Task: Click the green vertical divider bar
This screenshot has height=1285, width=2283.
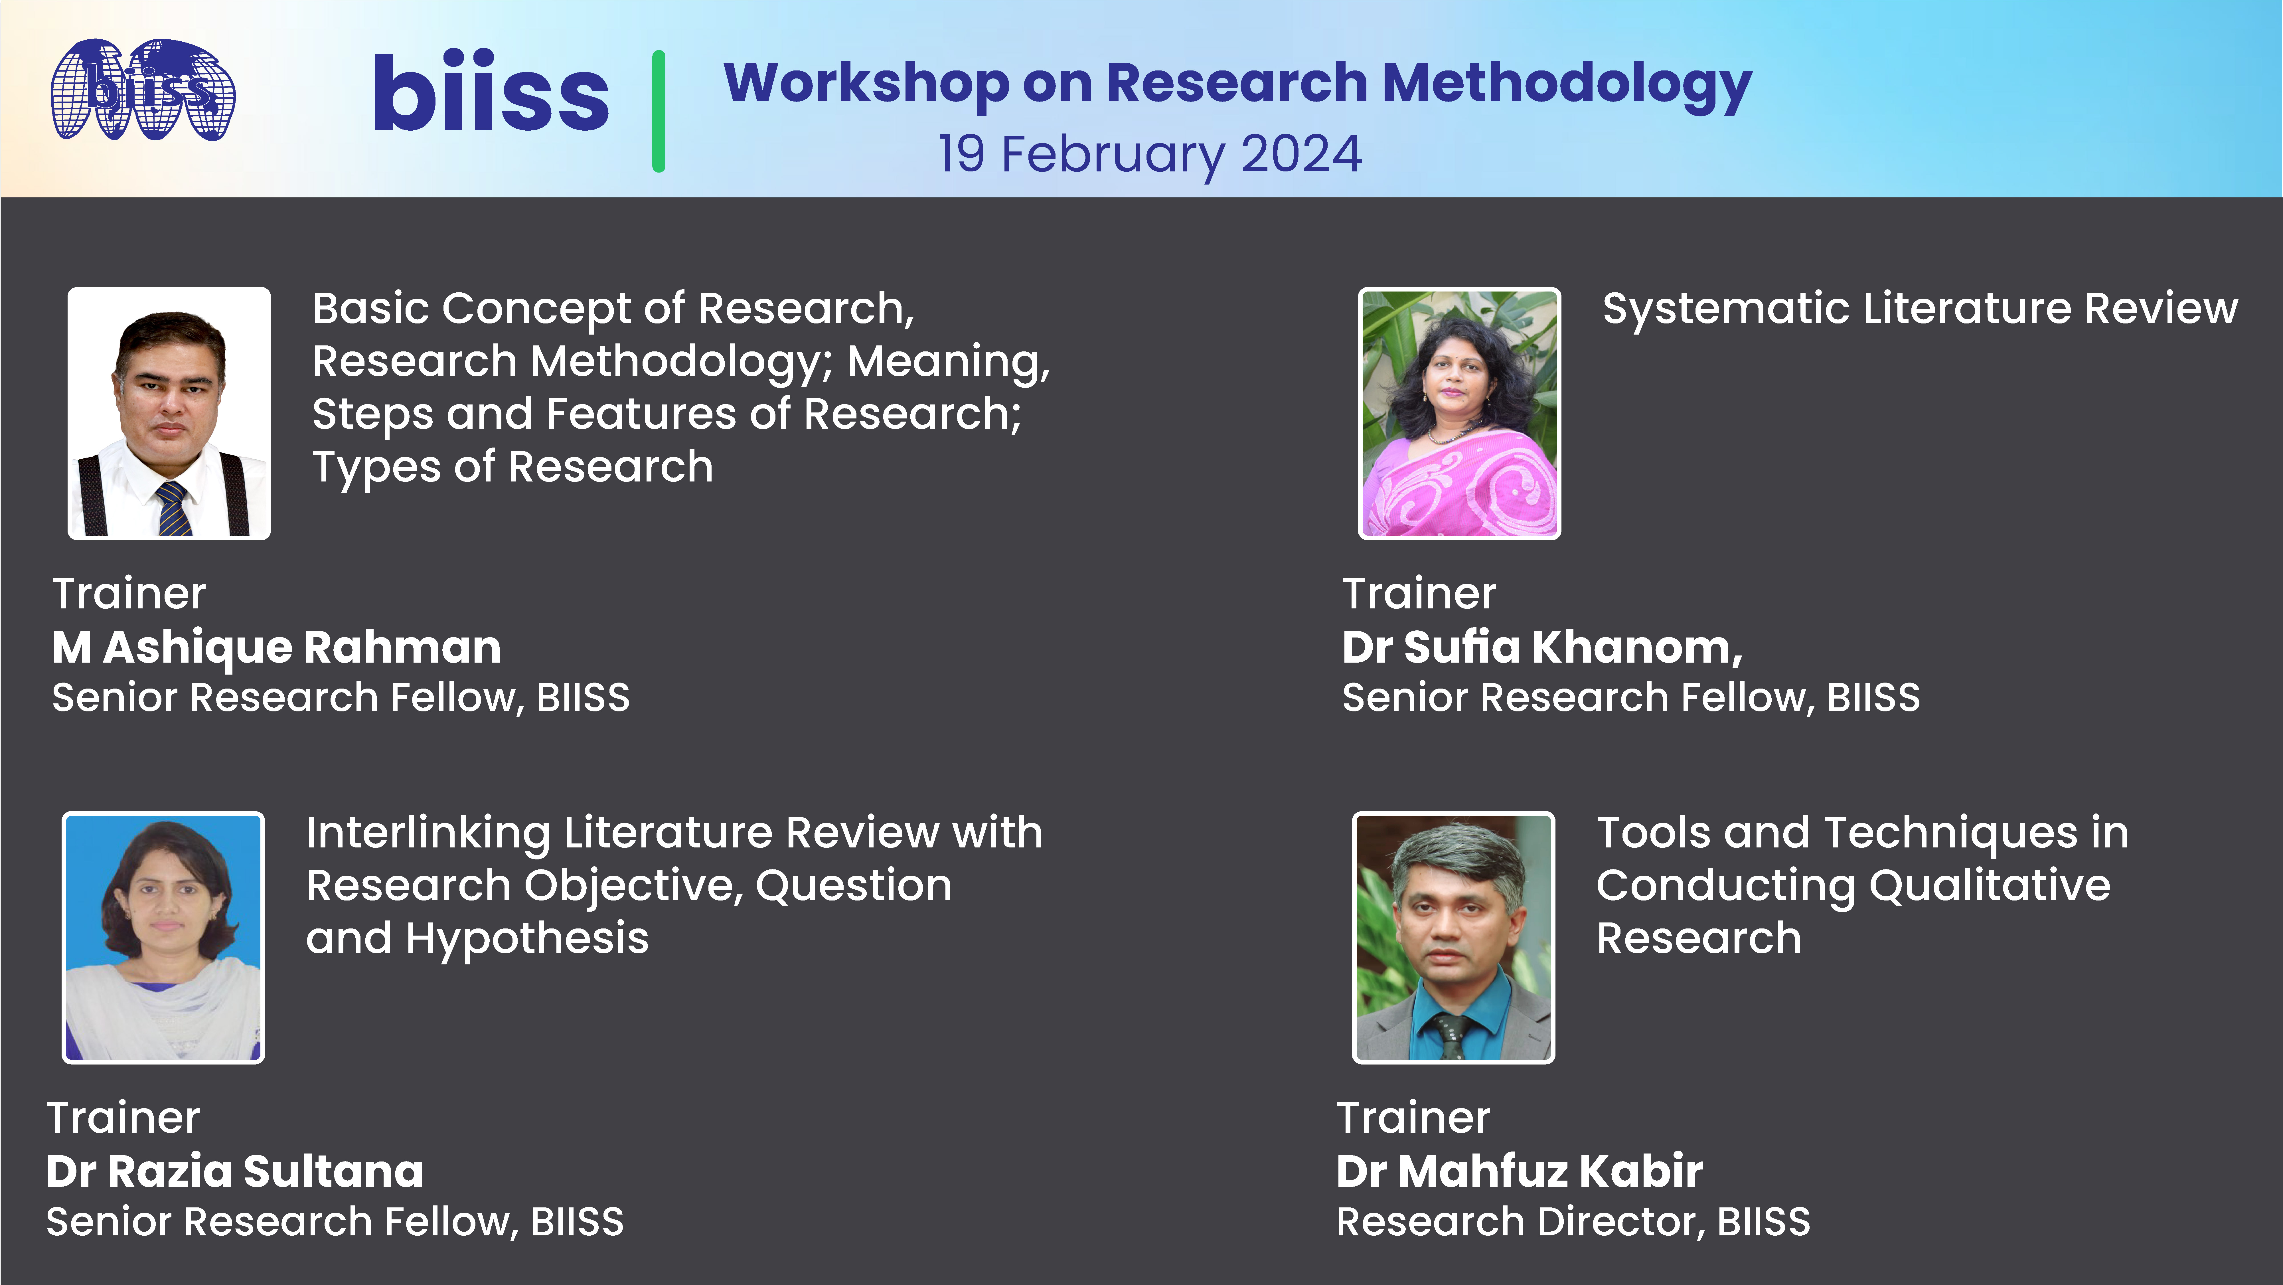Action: coord(659,111)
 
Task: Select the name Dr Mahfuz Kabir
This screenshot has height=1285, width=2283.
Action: coord(1519,1171)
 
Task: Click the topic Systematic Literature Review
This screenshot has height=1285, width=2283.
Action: coord(1920,309)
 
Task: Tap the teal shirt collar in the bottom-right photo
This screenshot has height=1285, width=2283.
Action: coord(1453,1010)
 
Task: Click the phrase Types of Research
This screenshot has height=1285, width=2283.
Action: coord(512,467)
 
